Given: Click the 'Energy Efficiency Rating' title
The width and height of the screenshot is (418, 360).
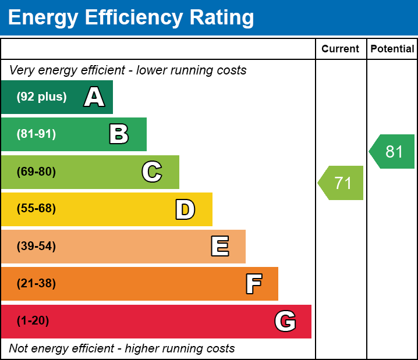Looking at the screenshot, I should [x=131, y=17].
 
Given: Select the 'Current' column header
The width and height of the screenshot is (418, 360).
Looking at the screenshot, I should [x=341, y=49].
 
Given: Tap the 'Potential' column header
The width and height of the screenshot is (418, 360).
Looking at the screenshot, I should [x=392, y=49].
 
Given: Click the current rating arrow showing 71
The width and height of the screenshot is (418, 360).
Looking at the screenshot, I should [x=342, y=183].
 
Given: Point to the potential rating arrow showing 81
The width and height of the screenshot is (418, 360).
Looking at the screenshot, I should [x=393, y=152].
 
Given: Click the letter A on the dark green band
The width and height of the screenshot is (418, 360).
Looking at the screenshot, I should [x=94, y=97].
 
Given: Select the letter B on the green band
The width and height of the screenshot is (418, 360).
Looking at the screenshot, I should [x=119, y=134].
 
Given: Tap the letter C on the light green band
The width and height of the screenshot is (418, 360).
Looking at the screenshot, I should [x=152, y=172].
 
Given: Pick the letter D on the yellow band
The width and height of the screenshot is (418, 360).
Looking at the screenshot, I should [x=185, y=209].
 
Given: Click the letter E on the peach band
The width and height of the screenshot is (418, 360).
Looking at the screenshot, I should [x=219, y=247].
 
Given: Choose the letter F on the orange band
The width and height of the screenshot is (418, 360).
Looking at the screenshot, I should [x=253, y=284].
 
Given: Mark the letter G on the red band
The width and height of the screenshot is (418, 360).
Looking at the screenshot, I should [x=285, y=321].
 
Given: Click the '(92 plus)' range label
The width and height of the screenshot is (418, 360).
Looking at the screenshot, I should [x=41, y=97].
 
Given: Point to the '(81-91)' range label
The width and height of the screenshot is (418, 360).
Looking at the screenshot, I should [x=36, y=134].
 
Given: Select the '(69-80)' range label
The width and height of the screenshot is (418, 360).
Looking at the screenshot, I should [x=36, y=172].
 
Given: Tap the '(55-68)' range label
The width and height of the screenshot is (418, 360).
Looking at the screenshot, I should [x=36, y=209].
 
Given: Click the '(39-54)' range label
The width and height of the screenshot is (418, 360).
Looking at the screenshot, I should [x=36, y=247].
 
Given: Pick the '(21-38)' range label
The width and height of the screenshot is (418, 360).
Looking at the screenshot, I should [x=36, y=284].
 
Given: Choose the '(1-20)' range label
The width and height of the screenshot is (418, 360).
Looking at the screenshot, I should [x=33, y=321].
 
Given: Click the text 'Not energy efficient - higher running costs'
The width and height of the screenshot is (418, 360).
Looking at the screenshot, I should [x=122, y=349].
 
